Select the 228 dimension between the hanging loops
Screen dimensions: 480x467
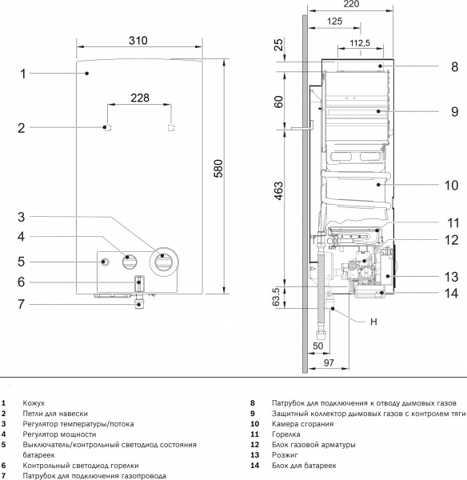click(140, 98)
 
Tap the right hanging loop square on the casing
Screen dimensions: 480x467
click(170, 127)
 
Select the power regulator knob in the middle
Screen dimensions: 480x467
click(129, 260)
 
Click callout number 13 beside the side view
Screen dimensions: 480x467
click(452, 277)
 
